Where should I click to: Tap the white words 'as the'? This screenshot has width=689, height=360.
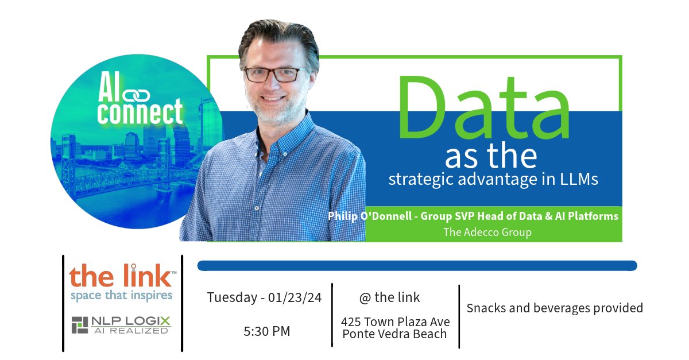(491, 156)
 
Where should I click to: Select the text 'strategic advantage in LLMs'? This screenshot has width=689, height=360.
(493, 179)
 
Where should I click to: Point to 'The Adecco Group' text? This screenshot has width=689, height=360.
(487, 233)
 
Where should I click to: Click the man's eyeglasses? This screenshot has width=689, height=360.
(272, 74)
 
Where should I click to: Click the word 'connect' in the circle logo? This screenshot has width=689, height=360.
(140, 111)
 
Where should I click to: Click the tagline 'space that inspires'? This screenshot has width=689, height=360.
(121, 296)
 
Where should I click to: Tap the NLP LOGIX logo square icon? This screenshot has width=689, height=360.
(79, 324)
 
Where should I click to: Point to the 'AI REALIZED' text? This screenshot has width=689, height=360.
(131, 330)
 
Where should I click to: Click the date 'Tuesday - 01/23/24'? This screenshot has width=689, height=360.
(264, 297)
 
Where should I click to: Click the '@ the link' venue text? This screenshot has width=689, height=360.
(389, 297)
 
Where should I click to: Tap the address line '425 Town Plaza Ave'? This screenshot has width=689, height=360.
(395, 321)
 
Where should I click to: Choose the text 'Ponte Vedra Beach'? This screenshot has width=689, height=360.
(394, 334)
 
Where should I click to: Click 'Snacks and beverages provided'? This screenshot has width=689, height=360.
(555, 308)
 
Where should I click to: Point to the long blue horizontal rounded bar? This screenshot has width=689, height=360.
(417, 265)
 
